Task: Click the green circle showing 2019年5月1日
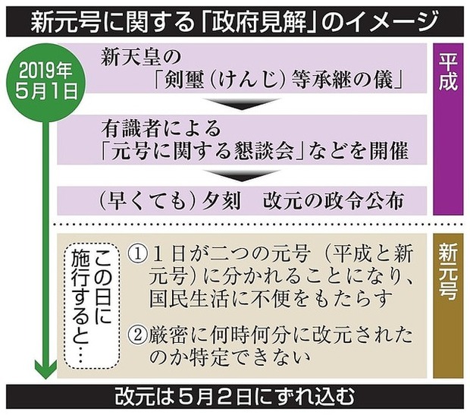point(45,83)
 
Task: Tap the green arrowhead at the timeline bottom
point(45,369)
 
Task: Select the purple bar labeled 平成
point(448,129)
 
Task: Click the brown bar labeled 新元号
point(448,306)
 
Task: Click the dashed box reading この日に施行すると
point(92,306)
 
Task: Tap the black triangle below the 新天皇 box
point(242,104)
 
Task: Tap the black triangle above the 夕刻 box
point(242,176)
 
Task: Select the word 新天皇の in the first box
point(141,57)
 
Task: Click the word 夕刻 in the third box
point(221,201)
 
